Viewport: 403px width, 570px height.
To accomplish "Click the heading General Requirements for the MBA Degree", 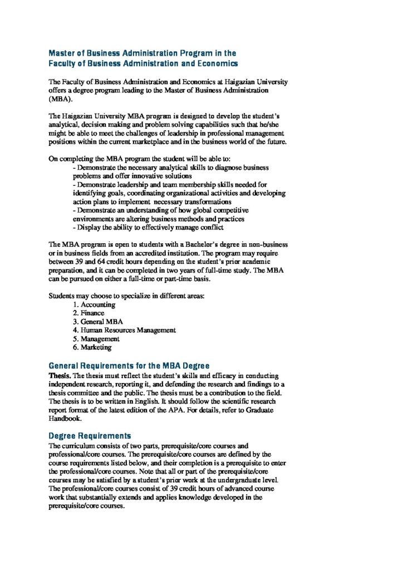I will tap(129, 366).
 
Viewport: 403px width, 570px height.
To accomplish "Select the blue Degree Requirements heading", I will tap(90, 435).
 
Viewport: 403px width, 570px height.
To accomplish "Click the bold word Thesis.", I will tap(60, 375).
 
